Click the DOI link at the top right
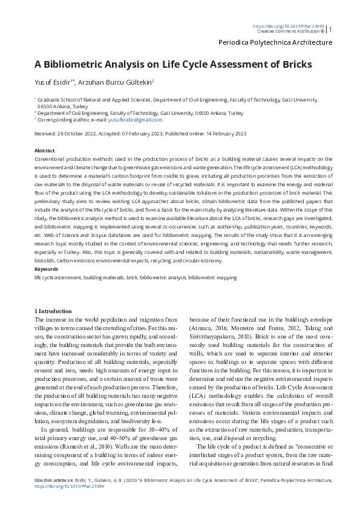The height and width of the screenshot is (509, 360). [288, 27]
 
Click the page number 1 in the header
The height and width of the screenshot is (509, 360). [330, 28]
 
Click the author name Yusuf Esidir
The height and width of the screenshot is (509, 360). [53, 82]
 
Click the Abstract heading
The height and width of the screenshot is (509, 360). [45, 151]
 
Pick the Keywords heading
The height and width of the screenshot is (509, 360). [46, 269]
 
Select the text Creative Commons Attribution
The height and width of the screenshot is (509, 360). [288, 31]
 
